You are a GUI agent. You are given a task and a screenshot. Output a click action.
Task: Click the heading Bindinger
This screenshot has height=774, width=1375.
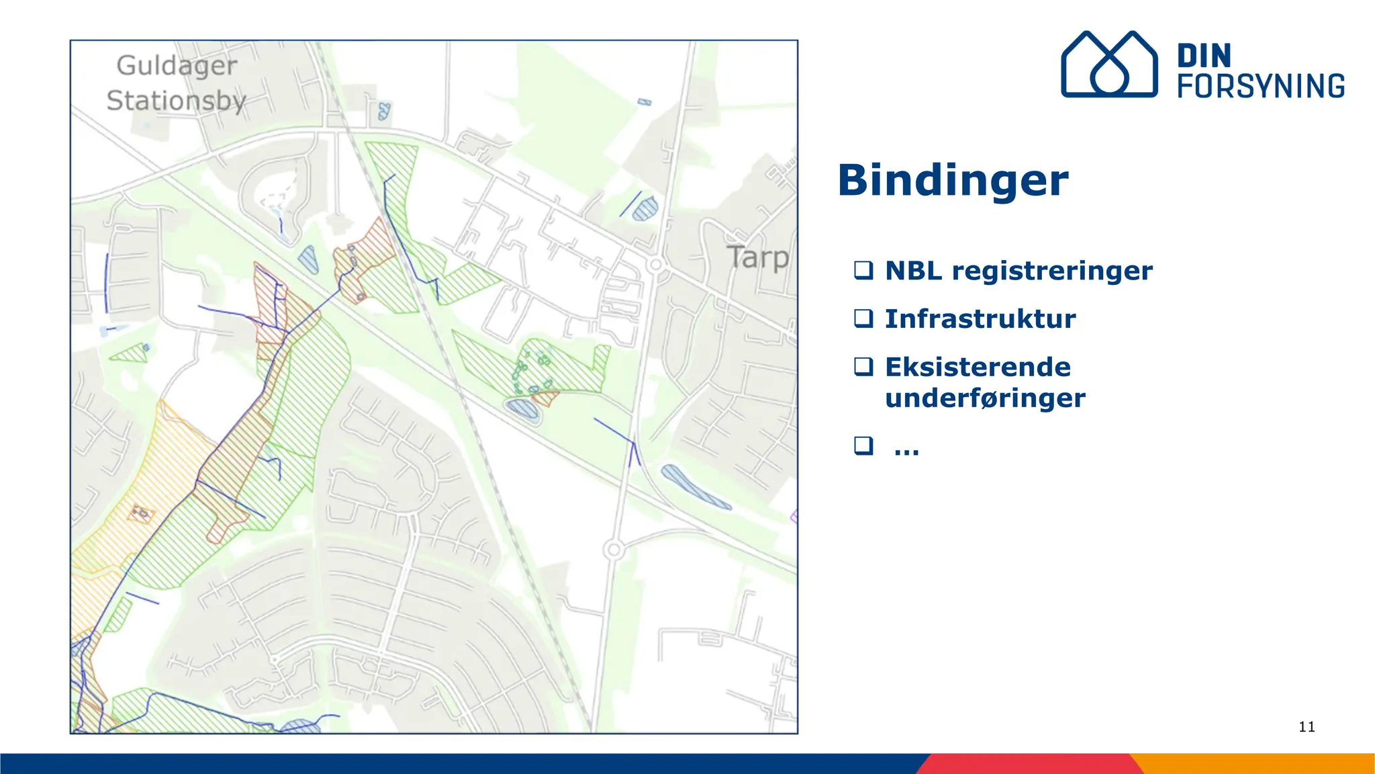[x=953, y=181]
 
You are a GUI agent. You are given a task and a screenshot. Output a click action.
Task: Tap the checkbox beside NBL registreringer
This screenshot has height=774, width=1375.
[x=863, y=270]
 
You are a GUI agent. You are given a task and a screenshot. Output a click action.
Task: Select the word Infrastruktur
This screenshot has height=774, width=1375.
[x=980, y=319]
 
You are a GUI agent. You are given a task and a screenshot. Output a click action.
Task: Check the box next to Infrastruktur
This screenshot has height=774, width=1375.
[x=863, y=318]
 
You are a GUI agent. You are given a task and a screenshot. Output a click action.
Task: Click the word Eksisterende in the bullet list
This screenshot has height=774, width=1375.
[x=978, y=368]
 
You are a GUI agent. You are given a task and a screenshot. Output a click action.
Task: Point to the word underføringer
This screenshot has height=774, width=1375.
[x=985, y=398]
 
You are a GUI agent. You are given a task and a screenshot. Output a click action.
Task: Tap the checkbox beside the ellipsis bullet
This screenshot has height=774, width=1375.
[x=863, y=445]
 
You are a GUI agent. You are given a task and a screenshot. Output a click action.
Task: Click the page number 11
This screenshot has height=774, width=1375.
[x=1307, y=727]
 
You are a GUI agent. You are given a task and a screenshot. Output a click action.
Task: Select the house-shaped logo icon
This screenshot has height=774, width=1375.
[x=1108, y=64]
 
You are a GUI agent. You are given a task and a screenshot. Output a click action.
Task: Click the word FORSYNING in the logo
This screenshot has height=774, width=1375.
[x=1261, y=87]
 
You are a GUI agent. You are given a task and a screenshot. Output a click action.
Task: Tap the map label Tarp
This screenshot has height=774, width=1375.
[x=757, y=258]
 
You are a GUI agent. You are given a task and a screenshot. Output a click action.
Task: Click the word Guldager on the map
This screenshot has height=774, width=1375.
[x=177, y=66]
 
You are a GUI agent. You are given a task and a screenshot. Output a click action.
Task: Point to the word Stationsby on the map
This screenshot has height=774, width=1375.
[x=177, y=101]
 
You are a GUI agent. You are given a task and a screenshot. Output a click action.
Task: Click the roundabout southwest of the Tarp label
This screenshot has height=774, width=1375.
[x=656, y=264]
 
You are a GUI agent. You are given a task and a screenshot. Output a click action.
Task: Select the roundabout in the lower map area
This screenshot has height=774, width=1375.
[x=613, y=550]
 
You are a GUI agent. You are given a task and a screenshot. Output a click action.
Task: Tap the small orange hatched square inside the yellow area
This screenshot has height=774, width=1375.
[x=141, y=514]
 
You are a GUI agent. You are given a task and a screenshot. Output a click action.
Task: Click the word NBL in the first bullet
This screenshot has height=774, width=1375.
[x=914, y=271]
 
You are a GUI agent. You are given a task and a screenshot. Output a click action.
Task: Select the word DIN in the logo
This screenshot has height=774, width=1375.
[x=1204, y=56]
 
